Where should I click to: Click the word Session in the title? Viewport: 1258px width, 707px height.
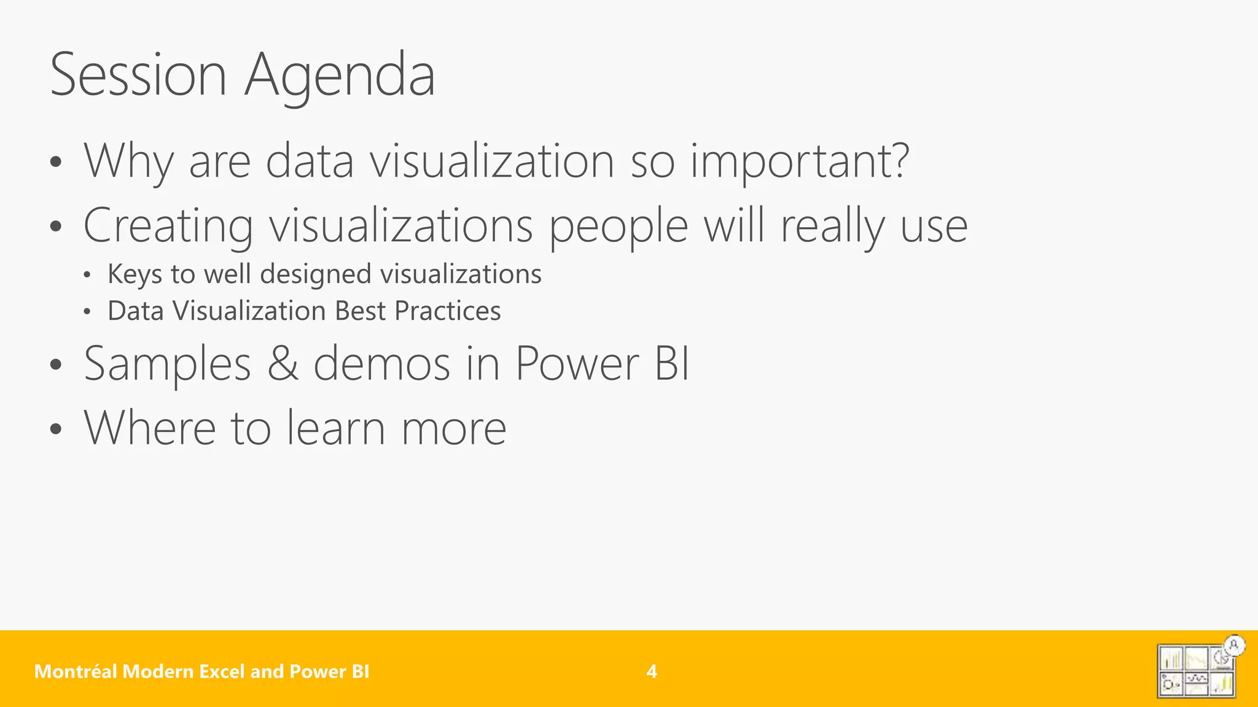click(138, 75)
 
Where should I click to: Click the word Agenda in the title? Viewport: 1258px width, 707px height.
click(340, 76)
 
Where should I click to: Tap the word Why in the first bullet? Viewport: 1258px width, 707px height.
click(129, 161)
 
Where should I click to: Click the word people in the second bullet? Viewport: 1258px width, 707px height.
click(618, 226)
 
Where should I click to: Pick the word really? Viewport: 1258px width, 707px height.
click(832, 226)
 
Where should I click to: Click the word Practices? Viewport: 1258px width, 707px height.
click(448, 311)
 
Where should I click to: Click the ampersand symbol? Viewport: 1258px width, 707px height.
click(283, 363)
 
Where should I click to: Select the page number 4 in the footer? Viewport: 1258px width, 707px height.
click(652, 671)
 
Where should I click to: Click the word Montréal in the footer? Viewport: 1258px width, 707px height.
click(76, 671)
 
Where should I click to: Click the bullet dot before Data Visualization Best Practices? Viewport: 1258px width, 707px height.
click(87, 312)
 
